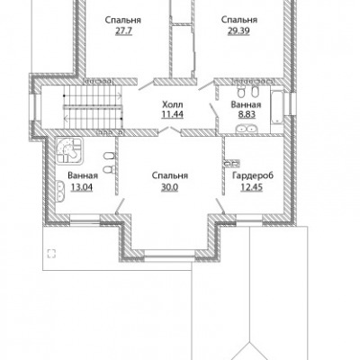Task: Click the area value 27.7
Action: [123, 31]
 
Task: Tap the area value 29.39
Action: [238, 31]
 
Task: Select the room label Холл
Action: [172, 104]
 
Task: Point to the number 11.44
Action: [172, 114]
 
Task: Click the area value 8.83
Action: [246, 114]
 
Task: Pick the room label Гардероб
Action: [253, 175]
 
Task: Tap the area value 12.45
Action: [251, 187]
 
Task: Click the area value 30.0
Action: [170, 187]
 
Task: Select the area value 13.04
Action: [82, 187]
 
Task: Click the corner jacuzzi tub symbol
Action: [69, 151]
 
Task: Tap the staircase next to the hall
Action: [94, 107]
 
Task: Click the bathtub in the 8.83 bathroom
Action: [276, 105]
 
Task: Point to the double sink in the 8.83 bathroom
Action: [246, 129]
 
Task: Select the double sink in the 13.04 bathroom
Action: [59, 191]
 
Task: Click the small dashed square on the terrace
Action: [51, 254]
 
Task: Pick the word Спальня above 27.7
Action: [123, 21]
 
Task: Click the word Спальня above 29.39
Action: [239, 20]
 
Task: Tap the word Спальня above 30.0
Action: [170, 175]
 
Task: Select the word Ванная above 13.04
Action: [83, 175]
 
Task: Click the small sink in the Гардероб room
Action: [232, 163]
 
